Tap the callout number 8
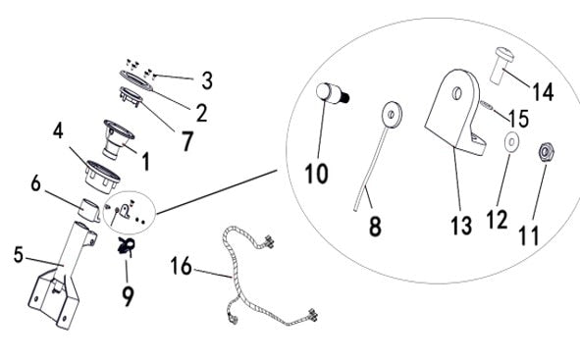375,227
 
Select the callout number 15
518,118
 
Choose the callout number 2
200,112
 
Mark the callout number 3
205,78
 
